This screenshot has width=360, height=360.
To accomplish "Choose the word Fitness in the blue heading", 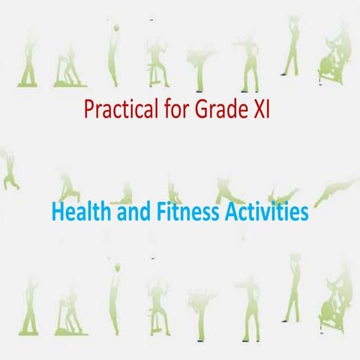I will click(184, 213).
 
